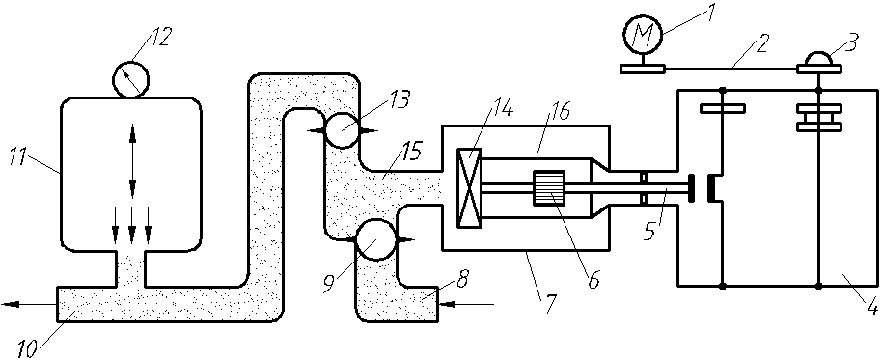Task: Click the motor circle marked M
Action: click(x=643, y=35)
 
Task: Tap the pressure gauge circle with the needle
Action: click(x=131, y=79)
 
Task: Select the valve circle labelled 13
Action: click(x=341, y=130)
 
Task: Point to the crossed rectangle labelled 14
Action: click(x=469, y=188)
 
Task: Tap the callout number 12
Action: click(x=159, y=36)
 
